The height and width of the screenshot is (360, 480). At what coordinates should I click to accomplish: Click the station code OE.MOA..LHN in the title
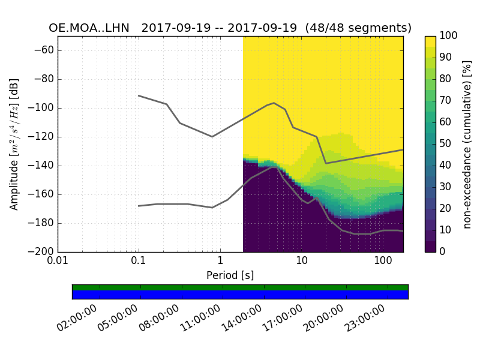pyautogui.click(x=90, y=28)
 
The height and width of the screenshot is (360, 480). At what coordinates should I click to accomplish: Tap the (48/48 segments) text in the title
pyautogui.click(x=358, y=28)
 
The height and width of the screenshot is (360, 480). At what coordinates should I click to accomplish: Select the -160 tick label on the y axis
pyautogui.click(x=43, y=194)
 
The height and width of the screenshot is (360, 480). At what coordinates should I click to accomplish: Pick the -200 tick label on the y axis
pyautogui.click(x=43, y=252)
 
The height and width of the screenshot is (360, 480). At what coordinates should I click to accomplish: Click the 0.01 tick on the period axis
pyautogui.click(x=58, y=262)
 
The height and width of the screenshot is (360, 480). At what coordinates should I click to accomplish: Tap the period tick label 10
pyautogui.click(x=301, y=262)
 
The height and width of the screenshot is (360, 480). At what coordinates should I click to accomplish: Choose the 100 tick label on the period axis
pyautogui.click(x=382, y=262)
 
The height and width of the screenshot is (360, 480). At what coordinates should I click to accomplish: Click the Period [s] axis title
pyautogui.click(x=230, y=275)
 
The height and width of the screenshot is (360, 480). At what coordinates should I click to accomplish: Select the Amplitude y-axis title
pyautogui.click(x=14, y=144)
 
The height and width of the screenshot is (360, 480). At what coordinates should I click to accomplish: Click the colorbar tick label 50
pyautogui.click(x=446, y=144)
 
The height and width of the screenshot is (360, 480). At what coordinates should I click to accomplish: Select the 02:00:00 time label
pyautogui.click(x=78, y=319)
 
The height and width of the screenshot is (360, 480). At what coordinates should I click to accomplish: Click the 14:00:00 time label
pyautogui.click(x=242, y=319)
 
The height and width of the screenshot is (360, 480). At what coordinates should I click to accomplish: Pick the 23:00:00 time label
pyautogui.click(x=366, y=319)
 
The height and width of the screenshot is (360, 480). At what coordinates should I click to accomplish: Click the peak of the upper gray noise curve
pyautogui.click(x=274, y=103)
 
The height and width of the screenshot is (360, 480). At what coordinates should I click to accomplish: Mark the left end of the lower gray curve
pyautogui.click(x=139, y=206)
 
